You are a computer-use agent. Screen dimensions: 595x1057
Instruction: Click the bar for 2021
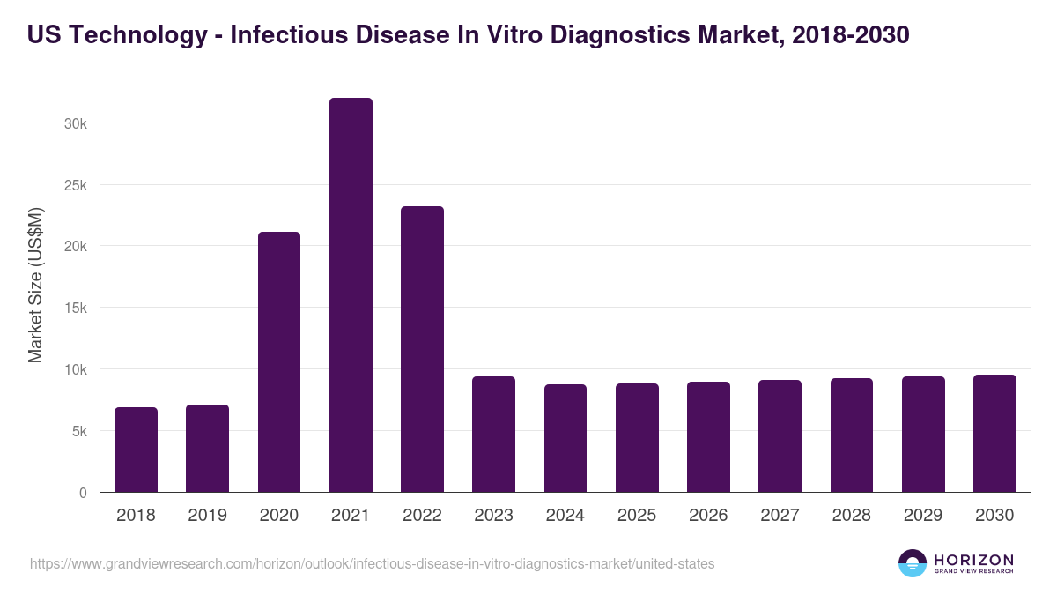(x=351, y=295)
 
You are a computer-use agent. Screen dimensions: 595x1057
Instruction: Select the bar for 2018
(x=136, y=450)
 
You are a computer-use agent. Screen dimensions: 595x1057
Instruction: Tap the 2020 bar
(x=279, y=362)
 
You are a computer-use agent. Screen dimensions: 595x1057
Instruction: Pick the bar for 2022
(x=422, y=349)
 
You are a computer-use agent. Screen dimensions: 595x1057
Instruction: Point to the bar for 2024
(x=565, y=438)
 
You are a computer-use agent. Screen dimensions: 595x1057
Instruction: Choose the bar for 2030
(x=994, y=434)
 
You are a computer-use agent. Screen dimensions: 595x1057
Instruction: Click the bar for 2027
(x=780, y=436)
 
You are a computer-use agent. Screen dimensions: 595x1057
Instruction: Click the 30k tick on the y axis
(x=76, y=123)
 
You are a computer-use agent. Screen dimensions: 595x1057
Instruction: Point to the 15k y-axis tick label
(x=76, y=308)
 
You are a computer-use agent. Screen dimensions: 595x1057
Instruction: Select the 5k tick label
(x=79, y=431)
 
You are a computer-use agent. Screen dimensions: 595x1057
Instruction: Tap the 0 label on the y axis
(x=83, y=493)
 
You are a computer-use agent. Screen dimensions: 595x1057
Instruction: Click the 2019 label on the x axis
(x=207, y=516)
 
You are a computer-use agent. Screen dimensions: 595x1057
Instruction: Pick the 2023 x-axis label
(x=493, y=516)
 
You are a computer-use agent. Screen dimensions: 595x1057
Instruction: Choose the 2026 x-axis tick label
(x=708, y=516)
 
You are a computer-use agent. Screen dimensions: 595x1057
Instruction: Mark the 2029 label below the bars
(x=923, y=516)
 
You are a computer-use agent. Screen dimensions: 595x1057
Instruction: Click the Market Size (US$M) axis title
(x=35, y=284)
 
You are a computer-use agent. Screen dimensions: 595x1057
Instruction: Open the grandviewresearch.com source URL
(x=373, y=563)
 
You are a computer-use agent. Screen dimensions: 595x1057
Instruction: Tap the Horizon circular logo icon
(x=913, y=563)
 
